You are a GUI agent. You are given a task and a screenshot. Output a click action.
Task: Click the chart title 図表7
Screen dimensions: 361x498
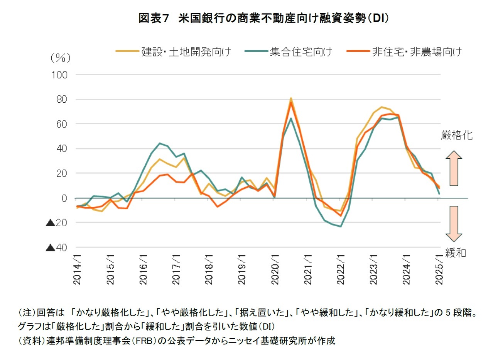154,18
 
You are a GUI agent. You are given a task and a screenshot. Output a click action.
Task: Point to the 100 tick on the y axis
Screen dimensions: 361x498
59,75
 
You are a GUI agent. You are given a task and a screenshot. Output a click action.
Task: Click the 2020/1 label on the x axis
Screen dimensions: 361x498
275,269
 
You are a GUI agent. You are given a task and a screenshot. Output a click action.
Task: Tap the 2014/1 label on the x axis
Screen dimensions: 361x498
78,269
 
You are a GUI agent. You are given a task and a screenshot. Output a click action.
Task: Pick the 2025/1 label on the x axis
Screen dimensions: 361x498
439,269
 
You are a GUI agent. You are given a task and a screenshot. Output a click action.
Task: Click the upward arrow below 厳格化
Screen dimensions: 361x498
454,168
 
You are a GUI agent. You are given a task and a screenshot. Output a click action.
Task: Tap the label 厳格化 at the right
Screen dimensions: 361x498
457,135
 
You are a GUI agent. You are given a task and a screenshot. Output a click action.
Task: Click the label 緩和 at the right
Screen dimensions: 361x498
456,253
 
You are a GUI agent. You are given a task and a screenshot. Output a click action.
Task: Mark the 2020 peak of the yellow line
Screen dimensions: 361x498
291,98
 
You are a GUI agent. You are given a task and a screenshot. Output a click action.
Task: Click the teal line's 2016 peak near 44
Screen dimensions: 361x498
160,143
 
